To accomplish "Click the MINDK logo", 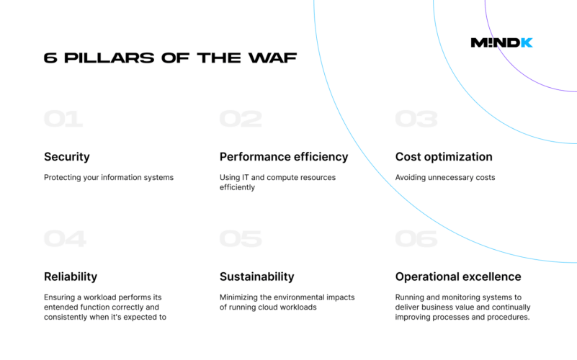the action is pos(501,42).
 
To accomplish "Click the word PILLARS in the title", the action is pos(109,58).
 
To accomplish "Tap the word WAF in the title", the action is pos(273,58).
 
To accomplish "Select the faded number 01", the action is pos(63,119).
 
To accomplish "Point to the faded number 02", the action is pos(241,119).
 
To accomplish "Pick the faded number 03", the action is pos(416,119).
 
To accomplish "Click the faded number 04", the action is pos(65,238).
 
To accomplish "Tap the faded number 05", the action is pos(241,238).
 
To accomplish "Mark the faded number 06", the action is pos(416,238).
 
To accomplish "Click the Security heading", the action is pos(67,157).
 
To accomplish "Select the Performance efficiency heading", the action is pos(284,157).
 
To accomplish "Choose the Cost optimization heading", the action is pos(444,157).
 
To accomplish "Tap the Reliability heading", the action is pos(71,276).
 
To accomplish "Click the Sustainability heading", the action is pos(257,276).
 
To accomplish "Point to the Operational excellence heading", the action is pos(458,276).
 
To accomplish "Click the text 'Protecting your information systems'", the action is pos(109,178).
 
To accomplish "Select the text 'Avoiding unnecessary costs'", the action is pos(445,178).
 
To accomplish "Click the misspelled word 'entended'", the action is pos(59,307).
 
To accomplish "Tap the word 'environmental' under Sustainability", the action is pos(294,297).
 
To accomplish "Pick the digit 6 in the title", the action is pos(50,58).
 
